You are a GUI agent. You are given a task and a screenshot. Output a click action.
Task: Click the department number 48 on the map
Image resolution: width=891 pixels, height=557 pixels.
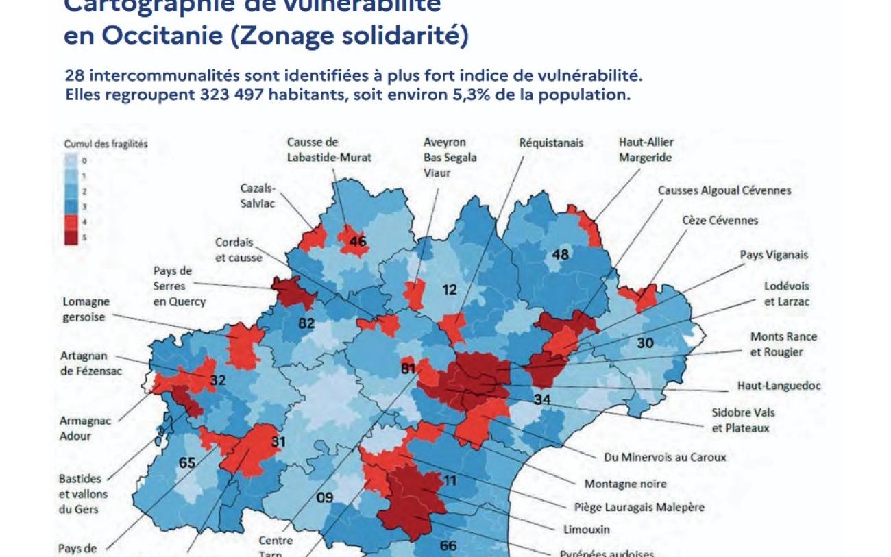click(x=560, y=255)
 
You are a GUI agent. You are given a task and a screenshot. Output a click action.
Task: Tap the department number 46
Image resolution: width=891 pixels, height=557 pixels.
click(x=358, y=242)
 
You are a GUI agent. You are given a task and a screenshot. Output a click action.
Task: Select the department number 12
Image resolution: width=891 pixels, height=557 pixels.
click(x=449, y=290)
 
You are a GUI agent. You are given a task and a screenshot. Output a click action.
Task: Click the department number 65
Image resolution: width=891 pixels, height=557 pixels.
click(x=187, y=462)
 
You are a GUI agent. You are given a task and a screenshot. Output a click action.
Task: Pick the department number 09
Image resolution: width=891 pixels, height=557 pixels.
click(x=324, y=497)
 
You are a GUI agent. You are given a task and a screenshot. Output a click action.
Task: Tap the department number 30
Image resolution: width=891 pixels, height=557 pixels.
click(x=645, y=343)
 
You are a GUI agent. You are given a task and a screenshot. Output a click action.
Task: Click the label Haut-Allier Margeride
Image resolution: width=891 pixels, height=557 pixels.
click(x=646, y=150)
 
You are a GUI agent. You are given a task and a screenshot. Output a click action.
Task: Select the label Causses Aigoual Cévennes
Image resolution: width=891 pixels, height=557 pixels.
click(x=724, y=190)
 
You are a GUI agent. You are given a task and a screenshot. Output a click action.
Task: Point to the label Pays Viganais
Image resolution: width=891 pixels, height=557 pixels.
click(x=774, y=255)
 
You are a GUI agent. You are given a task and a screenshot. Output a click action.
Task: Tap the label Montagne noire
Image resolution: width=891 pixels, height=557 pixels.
click(x=624, y=484)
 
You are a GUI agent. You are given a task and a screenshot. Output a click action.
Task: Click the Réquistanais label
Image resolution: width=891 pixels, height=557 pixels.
click(x=551, y=143)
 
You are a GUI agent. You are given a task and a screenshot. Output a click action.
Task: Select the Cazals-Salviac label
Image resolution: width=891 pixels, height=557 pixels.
click(x=258, y=195)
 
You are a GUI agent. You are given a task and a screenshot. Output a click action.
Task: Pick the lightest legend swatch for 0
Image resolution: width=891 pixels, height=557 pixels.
click(x=71, y=160)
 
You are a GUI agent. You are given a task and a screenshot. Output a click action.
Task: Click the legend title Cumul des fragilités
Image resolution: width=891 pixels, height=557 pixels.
click(x=106, y=144)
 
